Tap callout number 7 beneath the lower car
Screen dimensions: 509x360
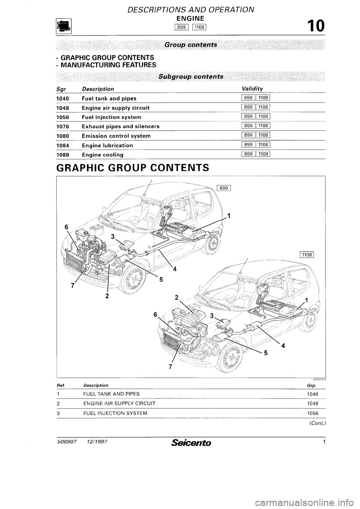point(170,367)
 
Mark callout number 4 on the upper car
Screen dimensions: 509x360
point(174,269)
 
